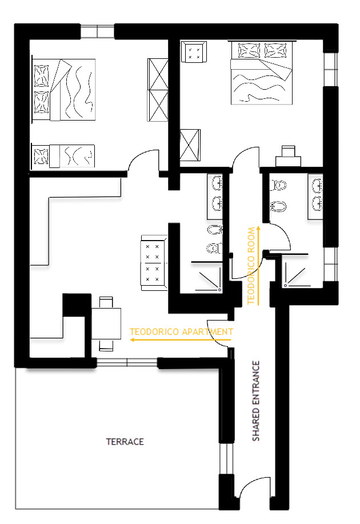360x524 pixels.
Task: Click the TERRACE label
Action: click(x=125, y=442)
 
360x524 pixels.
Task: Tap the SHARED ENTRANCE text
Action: click(x=257, y=401)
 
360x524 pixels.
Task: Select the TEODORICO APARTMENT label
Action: click(x=181, y=331)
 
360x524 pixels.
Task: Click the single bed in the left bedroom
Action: click(x=63, y=156)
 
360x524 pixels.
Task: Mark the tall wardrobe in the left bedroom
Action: click(x=157, y=90)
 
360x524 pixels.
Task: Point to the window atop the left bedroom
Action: click(x=97, y=31)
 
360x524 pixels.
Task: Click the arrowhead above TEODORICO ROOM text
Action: click(x=258, y=227)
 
